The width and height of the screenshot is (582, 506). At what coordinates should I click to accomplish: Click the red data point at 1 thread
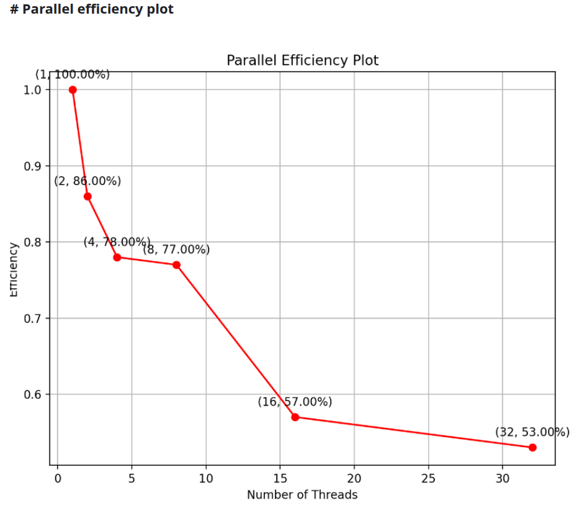[x=73, y=90]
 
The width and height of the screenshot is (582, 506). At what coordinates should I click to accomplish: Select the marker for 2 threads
[x=87, y=197]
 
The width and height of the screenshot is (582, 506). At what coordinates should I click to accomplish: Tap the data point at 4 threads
[x=117, y=257]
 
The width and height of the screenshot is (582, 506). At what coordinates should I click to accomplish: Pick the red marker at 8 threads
[x=176, y=265]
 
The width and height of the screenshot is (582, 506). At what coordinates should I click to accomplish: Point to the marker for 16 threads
[x=295, y=417]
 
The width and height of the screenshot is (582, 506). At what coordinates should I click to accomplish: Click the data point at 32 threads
[x=532, y=448]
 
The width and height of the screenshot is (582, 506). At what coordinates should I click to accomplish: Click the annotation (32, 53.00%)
[x=532, y=433]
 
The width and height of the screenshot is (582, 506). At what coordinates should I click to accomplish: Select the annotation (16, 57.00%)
[x=295, y=402]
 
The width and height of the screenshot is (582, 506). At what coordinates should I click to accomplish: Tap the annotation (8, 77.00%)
[x=176, y=250]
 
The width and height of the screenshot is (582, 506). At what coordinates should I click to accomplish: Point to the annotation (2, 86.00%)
[x=87, y=181]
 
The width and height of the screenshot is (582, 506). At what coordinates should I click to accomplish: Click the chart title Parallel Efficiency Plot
[x=302, y=60]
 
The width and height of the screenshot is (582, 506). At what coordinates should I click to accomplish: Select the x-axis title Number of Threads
[x=302, y=495]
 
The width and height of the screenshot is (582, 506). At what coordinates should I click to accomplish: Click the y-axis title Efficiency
[x=14, y=270]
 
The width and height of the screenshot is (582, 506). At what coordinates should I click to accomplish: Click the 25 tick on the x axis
[x=428, y=479]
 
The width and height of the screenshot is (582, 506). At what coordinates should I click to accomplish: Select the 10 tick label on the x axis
[x=206, y=479]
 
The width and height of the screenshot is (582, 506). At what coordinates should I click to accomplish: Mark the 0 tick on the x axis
[x=58, y=479]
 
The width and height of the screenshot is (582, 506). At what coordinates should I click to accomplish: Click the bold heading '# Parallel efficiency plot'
[x=92, y=10]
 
